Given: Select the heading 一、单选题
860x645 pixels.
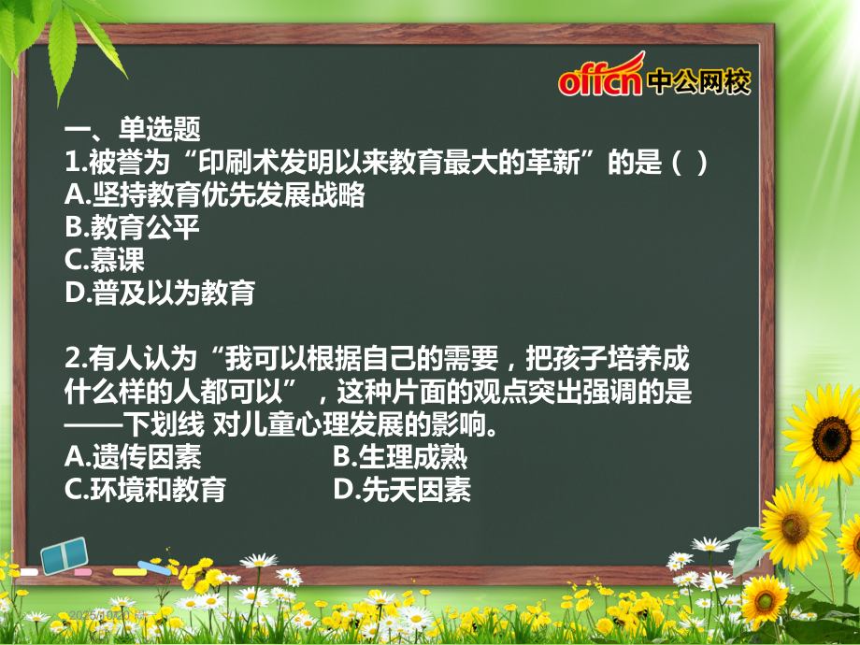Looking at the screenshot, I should click(133, 129).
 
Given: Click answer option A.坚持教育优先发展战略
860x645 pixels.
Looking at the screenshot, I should click(214, 194).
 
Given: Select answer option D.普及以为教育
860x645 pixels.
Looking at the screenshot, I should click(160, 293).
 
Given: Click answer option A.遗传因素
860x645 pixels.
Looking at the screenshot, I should click(133, 457).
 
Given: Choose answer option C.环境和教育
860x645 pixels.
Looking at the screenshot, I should click(146, 490).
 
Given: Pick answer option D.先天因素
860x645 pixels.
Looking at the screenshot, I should click(401, 490).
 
